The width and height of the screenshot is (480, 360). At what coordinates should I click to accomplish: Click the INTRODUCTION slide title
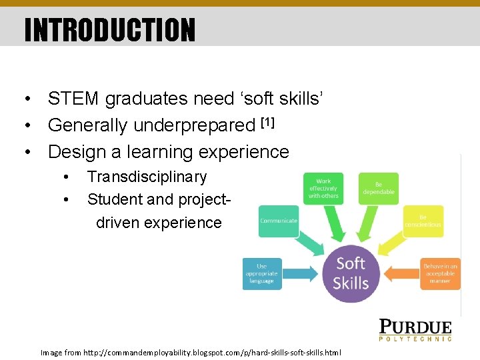point(110,29)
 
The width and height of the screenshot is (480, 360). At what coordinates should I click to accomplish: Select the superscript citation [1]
point(267,122)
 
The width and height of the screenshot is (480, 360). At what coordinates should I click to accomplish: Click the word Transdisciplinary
point(147,177)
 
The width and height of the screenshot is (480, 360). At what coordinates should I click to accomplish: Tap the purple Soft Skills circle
point(351,273)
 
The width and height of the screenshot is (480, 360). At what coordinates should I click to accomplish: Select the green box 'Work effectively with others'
point(323,189)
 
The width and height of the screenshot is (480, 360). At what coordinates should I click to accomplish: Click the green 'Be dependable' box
point(379,188)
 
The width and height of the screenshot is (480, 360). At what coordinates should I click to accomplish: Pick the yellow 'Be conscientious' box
point(423,221)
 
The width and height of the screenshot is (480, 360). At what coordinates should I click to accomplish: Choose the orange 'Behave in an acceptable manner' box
point(440,273)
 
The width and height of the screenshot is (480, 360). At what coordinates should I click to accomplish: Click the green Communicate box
point(279,221)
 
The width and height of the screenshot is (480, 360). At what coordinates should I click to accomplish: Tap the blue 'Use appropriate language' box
point(262,273)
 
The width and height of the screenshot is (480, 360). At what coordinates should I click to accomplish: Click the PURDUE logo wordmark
point(415,327)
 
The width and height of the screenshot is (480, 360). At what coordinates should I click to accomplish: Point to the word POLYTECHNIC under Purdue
point(415,339)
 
